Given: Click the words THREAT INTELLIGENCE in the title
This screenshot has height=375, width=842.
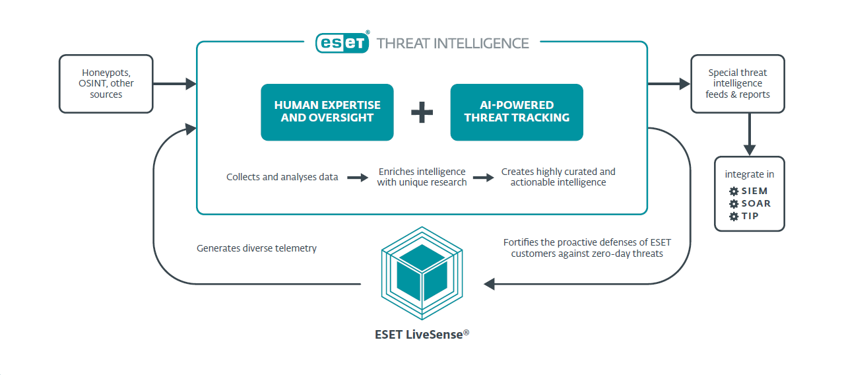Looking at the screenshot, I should (453, 44).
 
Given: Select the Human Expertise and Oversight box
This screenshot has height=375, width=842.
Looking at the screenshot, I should (327, 112).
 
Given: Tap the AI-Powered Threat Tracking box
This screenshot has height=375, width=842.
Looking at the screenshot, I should (517, 112).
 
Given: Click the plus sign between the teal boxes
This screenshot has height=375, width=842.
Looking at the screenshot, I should (422, 112).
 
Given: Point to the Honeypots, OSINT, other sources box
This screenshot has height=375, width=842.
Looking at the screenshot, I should (106, 84).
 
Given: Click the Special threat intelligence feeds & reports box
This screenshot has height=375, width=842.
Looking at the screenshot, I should (738, 84).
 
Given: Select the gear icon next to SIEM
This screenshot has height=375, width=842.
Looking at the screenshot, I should (733, 191).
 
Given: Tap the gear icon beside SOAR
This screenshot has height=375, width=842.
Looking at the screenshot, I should (733, 204).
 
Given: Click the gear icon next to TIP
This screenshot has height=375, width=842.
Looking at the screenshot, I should (733, 217).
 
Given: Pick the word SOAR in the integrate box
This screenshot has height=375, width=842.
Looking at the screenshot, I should (756, 204).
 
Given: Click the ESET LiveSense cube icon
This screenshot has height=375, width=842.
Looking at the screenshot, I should (422, 271).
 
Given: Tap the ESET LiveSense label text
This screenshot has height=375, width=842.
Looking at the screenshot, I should (422, 334).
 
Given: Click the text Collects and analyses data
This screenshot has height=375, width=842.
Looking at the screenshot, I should (282, 177).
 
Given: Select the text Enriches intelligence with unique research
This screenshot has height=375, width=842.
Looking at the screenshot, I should (422, 177).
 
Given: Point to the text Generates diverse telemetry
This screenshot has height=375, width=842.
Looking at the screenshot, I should (257, 248).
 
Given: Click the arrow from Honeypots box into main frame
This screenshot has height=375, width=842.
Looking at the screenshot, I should (175, 84).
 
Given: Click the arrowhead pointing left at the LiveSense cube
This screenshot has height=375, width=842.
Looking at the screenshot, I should (490, 284).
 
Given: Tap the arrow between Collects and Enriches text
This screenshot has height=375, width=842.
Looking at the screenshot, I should (357, 177).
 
